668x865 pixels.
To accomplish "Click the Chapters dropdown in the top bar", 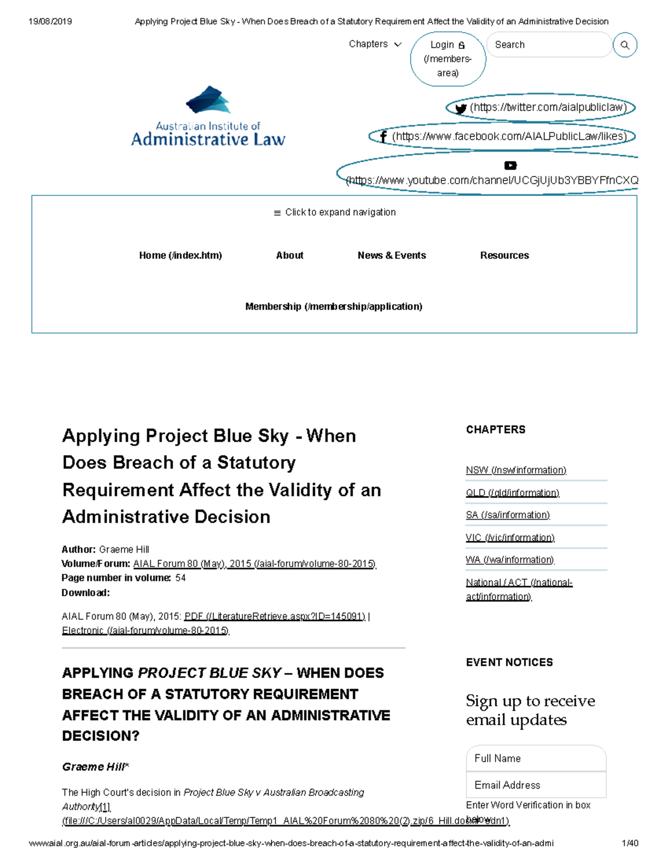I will click(375, 44).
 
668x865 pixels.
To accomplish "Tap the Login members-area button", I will click(448, 58).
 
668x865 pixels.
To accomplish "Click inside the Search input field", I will click(548, 45).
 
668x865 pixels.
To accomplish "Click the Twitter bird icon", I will click(460, 109).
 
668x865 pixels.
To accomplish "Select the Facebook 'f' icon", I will click(383, 136).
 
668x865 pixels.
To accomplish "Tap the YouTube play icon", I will click(510, 165).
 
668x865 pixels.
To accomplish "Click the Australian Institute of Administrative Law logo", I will click(208, 117).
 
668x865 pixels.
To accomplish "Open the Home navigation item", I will click(180, 256).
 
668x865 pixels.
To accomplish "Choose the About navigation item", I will click(289, 256).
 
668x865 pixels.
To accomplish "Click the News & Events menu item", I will click(391, 256).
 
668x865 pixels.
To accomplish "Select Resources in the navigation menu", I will click(504, 256).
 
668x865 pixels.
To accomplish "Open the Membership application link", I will click(333, 307).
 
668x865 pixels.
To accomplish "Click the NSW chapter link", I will click(515, 470).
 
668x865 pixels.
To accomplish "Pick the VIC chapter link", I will click(510, 537).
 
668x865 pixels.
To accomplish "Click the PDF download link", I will click(274, 617).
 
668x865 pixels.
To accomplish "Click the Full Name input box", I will click(536, 758).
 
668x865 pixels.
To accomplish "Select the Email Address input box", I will click(536, 785).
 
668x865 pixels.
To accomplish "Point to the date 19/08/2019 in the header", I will click(50, 22).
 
